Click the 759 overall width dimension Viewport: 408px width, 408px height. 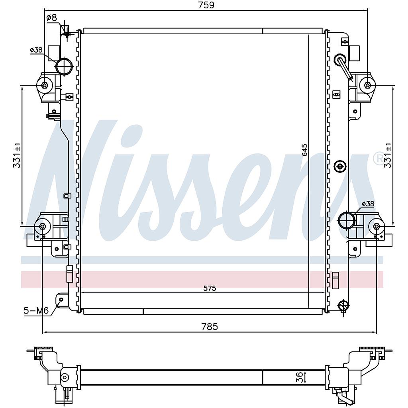[206, 5]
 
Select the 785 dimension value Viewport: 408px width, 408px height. [210, 326]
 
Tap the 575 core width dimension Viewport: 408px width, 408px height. [210, 288]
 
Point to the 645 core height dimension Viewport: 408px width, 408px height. [305, 150]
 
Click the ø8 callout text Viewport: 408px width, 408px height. [51, 18]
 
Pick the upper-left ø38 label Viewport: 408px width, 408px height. [36, 50]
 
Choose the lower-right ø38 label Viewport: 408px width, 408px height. [368, 204]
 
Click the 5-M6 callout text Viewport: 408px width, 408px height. [36, 310]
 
